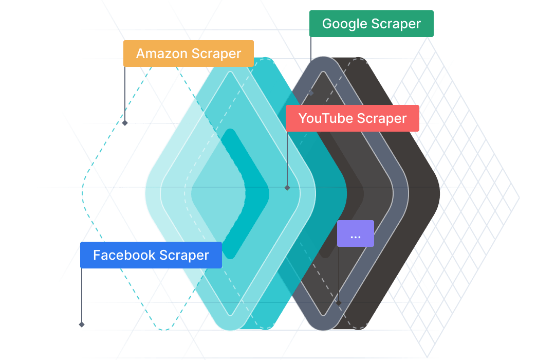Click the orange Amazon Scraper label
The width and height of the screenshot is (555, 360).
click(189, 53)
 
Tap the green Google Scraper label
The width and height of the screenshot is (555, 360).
click(372, 24)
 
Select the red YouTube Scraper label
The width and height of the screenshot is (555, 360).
click(352, 118)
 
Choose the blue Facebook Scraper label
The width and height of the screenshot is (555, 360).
click(151, 255)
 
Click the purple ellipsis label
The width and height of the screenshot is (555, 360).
click(356, 233)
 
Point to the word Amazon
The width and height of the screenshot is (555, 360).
click(162, 53)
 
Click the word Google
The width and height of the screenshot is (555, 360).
click(345, 24)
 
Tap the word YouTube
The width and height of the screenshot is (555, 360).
click(321, 118)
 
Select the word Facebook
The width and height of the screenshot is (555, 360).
click(124, 255)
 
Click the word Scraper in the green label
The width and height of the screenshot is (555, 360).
click(396, 24)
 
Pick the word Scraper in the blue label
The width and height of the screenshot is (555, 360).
click(184, 256)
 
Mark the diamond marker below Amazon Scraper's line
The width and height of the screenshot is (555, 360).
click(125, 123)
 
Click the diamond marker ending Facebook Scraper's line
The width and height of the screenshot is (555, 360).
click(82, 325)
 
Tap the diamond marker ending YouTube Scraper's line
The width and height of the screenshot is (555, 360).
click(287, 188)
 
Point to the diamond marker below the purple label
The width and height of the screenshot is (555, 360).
click(339, 303)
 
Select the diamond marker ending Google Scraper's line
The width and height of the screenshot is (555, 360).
click(311, 93)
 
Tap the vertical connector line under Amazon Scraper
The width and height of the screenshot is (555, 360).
click(125, 94)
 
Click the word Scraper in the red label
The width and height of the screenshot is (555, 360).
click(382, 119)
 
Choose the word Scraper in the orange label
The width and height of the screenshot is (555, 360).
click(216, 54)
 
